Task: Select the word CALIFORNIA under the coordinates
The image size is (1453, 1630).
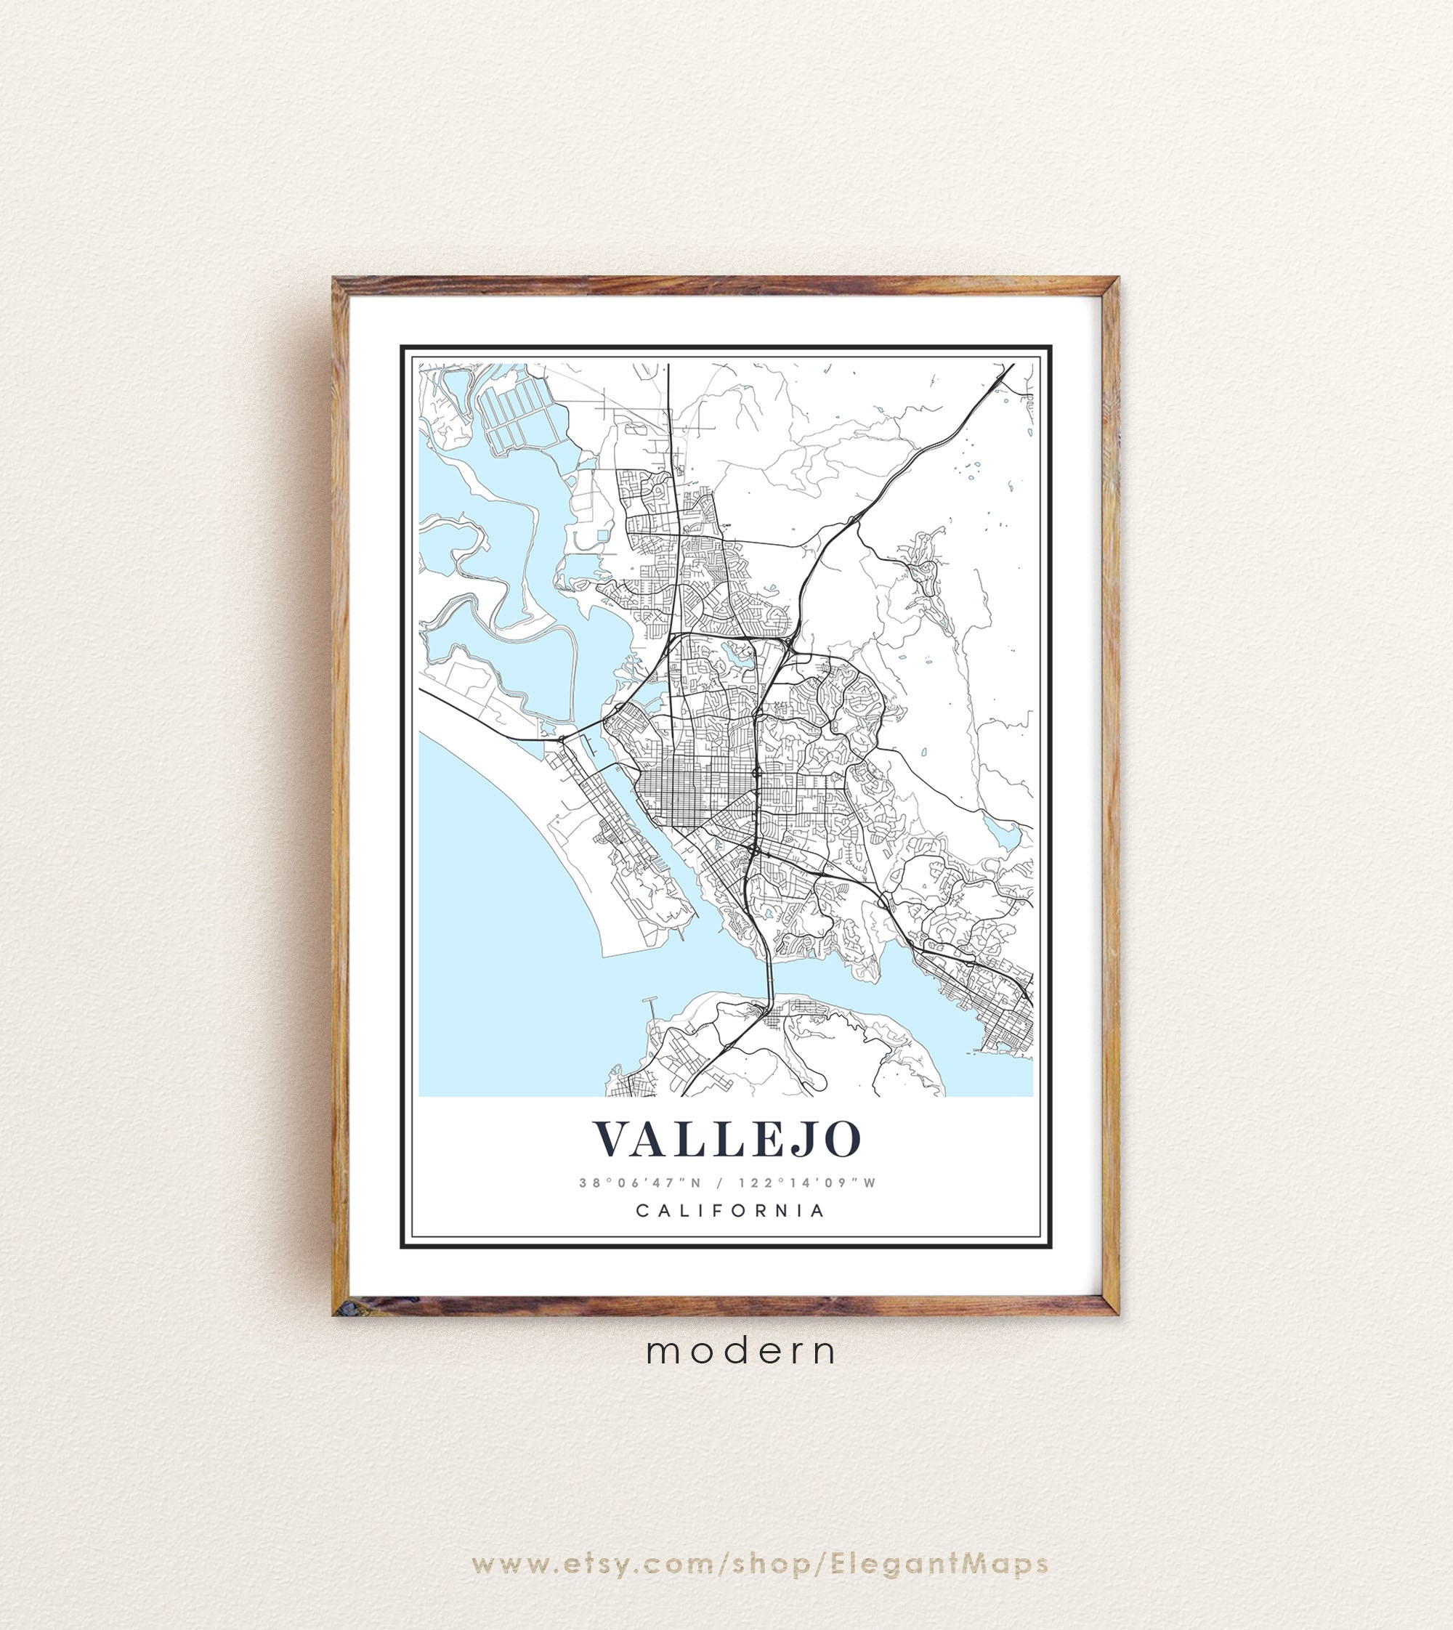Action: (x=729, y=1210)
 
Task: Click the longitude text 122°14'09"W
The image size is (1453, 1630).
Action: (x=807, y=1183)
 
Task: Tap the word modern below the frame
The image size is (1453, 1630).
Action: (x=742, y=1351)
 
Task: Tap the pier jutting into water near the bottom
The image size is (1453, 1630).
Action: (x=652, y=1010)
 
